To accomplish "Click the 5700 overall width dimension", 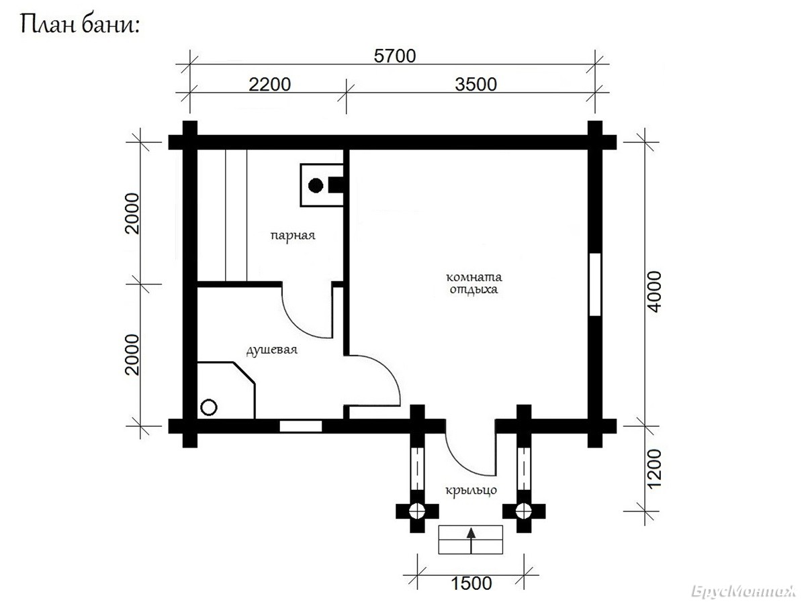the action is (x=395, y=56).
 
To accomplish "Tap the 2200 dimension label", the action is (x=270, y=85).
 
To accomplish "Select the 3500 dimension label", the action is (x=476, y=85).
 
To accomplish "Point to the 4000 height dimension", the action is (x=654, y=291).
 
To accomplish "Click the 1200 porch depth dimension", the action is (x=654, y=469).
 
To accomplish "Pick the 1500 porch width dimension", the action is (x=471, y=583).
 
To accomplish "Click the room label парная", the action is (x=293, y=235).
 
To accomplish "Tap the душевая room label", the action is (x=272, y=350).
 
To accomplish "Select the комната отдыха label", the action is (x=474, y=283).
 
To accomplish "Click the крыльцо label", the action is (x=471, y=490).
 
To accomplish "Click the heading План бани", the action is (x=80, y=25).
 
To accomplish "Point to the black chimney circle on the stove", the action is (x=316, y=186).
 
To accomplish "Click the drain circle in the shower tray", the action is (x=209, y=407).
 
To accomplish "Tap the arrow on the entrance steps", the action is (x=471, y=540).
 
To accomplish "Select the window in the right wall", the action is (x=595, y=284).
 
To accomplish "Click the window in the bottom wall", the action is (x=301, y=427).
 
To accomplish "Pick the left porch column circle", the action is (x=417, y=511).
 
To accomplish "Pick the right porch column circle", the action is (x=524, y=511).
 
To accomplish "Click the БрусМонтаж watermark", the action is (x=743, y=591).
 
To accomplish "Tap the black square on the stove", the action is (x=336, y=185).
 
